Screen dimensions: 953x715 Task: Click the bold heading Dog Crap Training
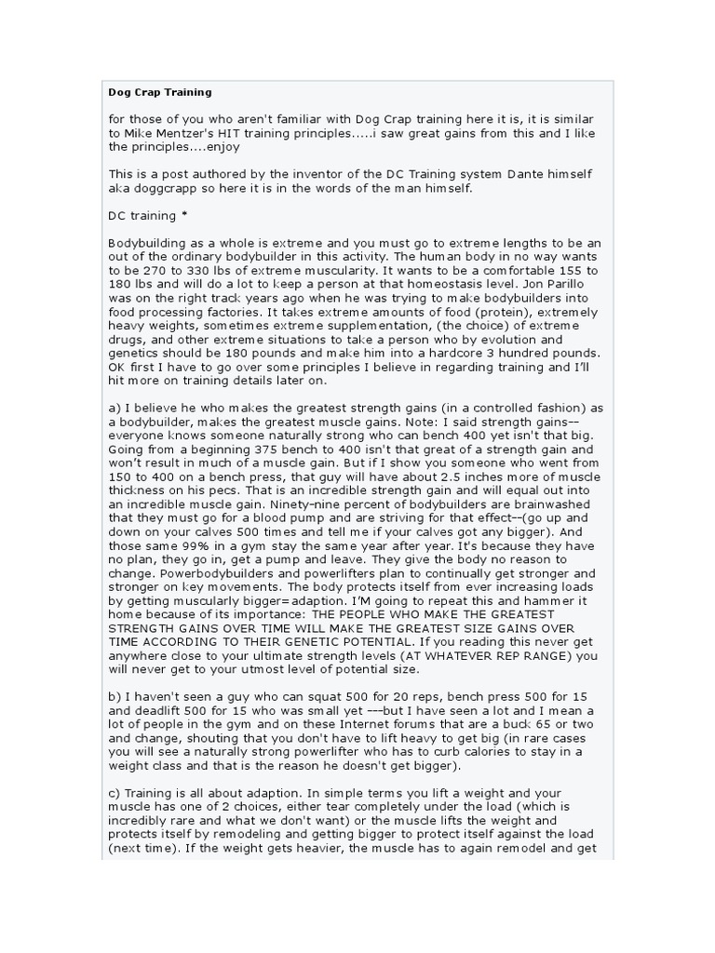(x=160, y=92)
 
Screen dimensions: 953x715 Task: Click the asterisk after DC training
(x=183, y=215)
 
